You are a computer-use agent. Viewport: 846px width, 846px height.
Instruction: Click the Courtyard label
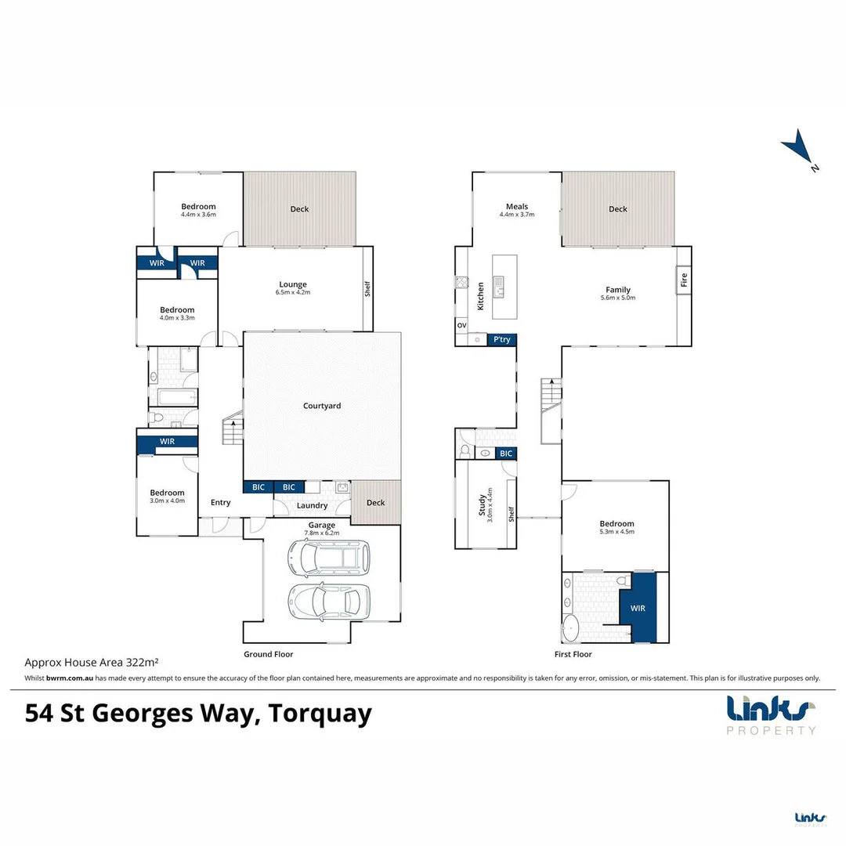click(322, 406)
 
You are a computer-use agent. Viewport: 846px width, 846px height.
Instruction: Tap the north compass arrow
click(799, 148)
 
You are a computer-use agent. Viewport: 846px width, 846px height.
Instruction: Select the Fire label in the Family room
click(683, 279)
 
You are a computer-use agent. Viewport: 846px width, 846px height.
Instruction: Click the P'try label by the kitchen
click(501, 340)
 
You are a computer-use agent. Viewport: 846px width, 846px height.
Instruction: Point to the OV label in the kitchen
click(461, 325)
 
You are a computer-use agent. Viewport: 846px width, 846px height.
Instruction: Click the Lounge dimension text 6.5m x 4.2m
click(293, 292)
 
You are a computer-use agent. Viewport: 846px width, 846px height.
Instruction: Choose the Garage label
click(321, 525)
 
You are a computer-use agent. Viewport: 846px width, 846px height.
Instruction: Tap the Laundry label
click(312, 506)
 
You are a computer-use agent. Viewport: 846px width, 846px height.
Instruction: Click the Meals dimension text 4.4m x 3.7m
click(517, 214)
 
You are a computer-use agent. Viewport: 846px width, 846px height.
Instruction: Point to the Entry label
click(221, 502)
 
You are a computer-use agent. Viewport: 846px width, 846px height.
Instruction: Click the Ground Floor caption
click(268, 654)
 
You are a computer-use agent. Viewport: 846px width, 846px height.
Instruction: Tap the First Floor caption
click(573, 654)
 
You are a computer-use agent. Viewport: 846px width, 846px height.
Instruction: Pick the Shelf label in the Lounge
click(367, 289)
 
